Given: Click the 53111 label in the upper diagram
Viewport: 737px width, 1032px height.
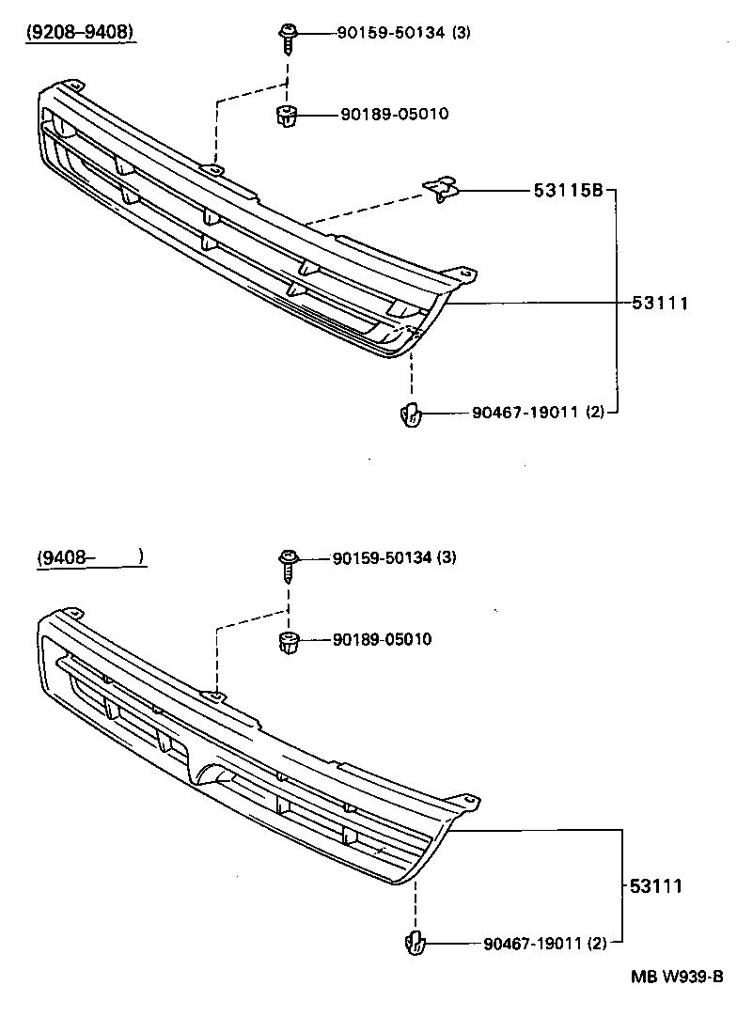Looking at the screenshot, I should pyautogui.click(x=660, y=304).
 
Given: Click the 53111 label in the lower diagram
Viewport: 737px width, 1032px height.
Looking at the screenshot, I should pyautogui.click(x=655, y=885).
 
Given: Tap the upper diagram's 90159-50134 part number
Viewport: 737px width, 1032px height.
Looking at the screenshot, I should pyautogui.click(x=393, y=33).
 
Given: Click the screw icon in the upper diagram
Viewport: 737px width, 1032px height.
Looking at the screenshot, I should pyautogui.click(x=287, y=37).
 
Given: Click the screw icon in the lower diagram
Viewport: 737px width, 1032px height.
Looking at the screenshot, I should pyautogui.click(x=287, y=563).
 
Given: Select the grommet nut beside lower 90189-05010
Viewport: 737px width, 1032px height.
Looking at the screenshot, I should pyautogui.click(x=288, y=643).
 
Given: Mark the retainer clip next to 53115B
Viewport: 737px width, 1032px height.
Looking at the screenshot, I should pyautogui.click(x=442, y=190).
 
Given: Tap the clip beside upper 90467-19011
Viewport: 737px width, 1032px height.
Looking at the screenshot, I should pyautogui.click(x=411, y=413).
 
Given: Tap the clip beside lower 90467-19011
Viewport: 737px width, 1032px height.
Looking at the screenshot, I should pyautogui.click(x=414, y=943).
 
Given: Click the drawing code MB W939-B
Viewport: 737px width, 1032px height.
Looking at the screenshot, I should pyautogui.click(x=676, y=976).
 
